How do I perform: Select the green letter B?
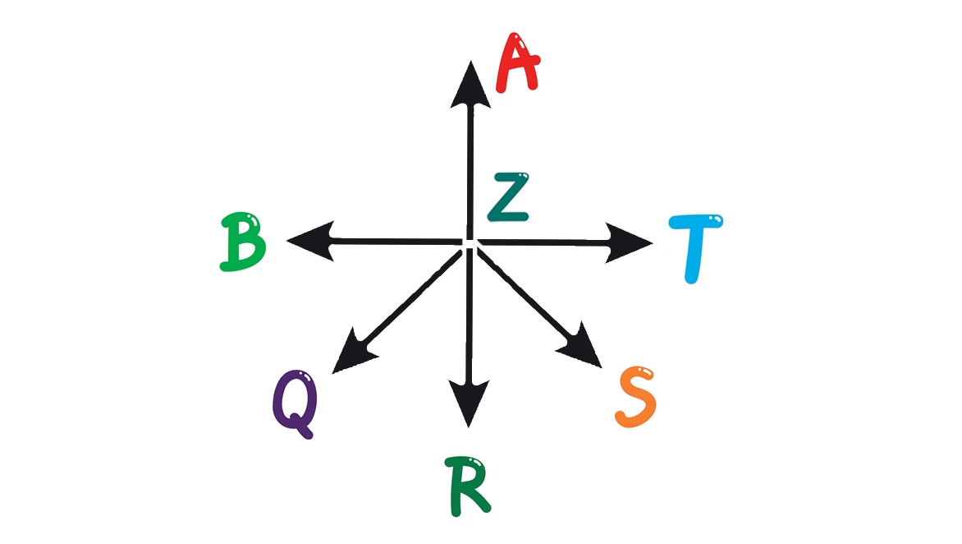click(x=242, y=242)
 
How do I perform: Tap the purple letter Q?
click(x=295, y=403)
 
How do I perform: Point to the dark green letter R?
click(x=470, y=487)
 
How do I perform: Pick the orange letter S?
click(x=636, y=397)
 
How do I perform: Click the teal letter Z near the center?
click(x=509, y=198)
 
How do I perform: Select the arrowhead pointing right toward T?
click(x=627, y=242)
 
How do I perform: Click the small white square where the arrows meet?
click(x=469, y=243)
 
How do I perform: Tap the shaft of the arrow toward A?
click(x=470, y=164)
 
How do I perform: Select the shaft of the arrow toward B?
click(x=394, y=241)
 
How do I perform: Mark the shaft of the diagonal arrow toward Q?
click(x=410, y=300)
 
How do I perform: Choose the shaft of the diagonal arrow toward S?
click(x=525, y=295)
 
